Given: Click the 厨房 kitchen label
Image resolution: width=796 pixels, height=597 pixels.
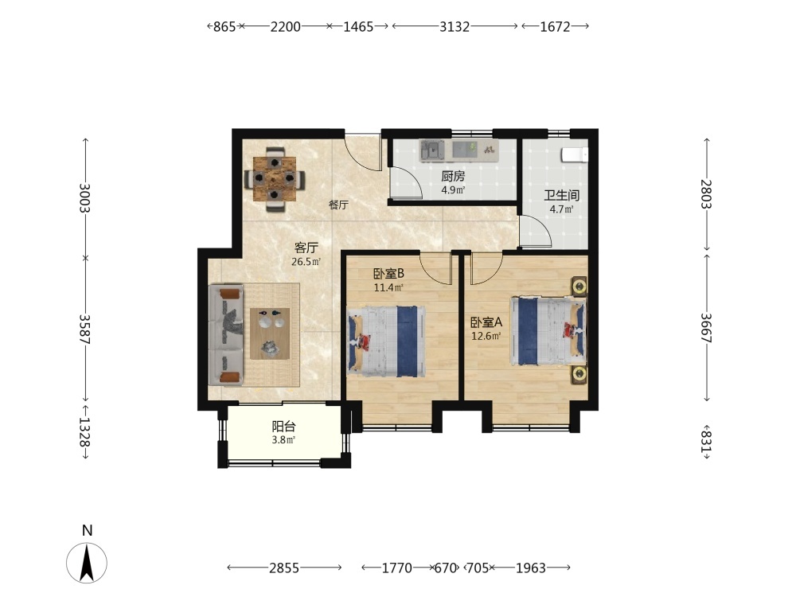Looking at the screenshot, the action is [x=452, y=176].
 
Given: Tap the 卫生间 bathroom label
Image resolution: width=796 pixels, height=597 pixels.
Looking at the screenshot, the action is [x=561, y=195].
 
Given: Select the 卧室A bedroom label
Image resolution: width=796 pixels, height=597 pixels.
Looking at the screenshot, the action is [x=486, y=322].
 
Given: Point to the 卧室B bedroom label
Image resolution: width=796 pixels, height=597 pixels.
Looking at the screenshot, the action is [x=388, y=274].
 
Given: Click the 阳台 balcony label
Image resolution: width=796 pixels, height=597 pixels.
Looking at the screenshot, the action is [x=283, y=427].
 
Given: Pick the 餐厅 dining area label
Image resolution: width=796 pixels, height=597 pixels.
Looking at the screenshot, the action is [x=338, y=205].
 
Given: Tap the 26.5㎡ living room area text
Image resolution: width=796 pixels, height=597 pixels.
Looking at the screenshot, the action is [x=306, y=262].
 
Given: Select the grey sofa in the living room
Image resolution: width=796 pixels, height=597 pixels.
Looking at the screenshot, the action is [x=226, y=334].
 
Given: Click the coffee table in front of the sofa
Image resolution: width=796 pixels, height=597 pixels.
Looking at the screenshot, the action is [x=270, y=334].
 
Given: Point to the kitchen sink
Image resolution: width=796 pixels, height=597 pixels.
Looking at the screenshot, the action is [x=431, y=150].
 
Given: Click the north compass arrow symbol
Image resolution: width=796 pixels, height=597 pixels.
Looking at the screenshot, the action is [x=87, y=563].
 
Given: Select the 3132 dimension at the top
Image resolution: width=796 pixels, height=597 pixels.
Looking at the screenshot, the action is [x=455, y=26].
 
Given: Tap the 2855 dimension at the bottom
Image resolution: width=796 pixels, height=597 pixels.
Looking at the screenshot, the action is [x=284, y=568].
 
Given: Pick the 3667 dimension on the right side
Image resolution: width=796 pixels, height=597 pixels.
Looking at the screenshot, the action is [x=706, y=328].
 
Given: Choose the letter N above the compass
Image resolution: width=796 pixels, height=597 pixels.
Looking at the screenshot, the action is [x=88, y=530].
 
